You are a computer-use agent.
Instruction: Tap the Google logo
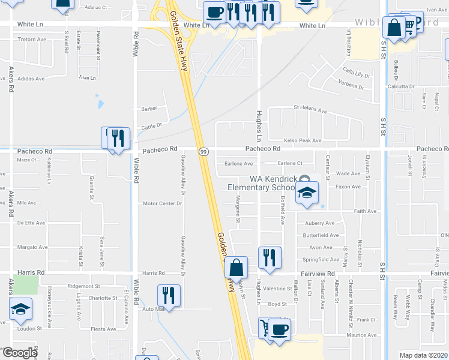20,353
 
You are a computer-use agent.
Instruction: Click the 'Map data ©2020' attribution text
423,355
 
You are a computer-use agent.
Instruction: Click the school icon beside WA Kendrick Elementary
307,193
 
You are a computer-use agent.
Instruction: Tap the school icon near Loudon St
20,310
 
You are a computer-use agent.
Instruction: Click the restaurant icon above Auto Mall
169,295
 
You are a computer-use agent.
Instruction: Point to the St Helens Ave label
310,111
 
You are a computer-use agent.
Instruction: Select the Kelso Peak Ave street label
303,140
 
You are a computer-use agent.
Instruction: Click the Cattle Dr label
152,126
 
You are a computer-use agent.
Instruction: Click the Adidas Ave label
32,79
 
